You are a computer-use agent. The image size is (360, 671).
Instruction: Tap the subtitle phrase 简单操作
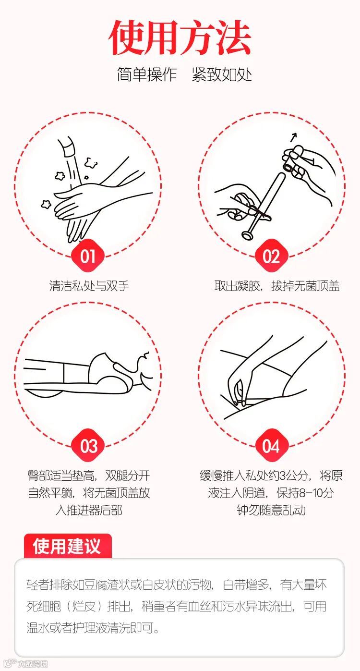(x=146, y=74)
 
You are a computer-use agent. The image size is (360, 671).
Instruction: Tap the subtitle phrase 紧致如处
(x=222, y=74)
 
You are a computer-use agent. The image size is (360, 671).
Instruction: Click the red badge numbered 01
(x=88, y=256)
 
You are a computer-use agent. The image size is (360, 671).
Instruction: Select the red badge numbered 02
(x=271, y=256)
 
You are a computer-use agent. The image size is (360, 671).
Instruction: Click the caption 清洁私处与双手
(x=89, y=286)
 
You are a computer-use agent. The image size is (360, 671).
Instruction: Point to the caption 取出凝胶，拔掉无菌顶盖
(x=277, y=286)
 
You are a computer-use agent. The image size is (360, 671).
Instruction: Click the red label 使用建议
(x=67, y=546)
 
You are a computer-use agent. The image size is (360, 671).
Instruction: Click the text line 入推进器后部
(x=89, y=510)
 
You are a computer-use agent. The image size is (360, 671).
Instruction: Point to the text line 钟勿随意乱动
(x=271, y=510)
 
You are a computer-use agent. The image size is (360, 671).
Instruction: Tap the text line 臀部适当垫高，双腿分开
(x=89, y=476)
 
